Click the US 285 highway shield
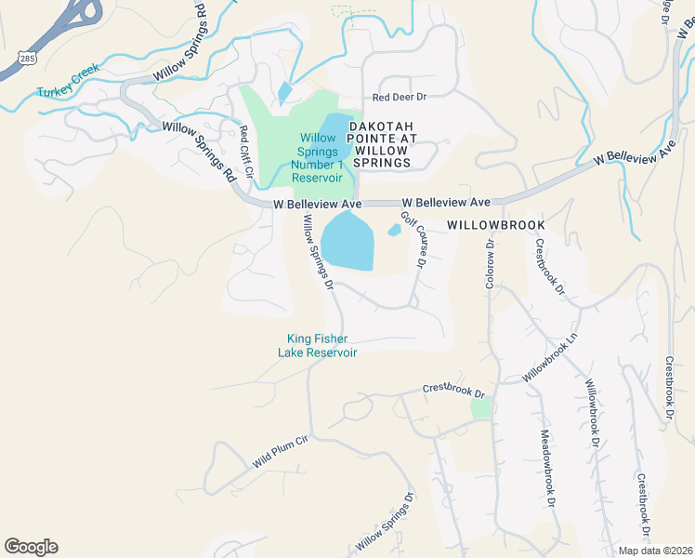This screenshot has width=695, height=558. [20, 59]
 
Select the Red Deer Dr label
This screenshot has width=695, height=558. [399, 97]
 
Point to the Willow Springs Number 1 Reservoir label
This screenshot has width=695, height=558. [317, 158]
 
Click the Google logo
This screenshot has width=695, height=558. [31, 546]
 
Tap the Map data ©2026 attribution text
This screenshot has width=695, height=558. [655, 551]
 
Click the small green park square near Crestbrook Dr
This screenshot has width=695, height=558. [479, 407]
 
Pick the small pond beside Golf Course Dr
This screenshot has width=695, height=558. [394, 230]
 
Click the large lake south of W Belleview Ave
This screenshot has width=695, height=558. [347, 241]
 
